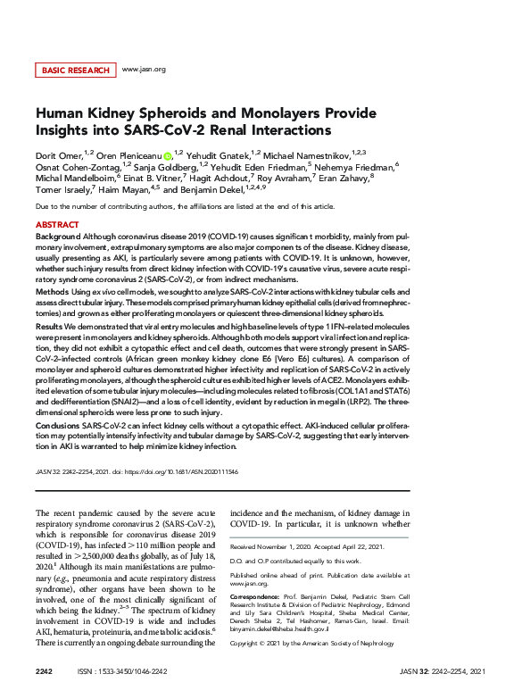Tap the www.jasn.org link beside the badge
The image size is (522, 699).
tap(144, 69)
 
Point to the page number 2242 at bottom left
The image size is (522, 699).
tap(45, 670)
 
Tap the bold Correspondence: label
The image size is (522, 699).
tap(254, 594)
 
